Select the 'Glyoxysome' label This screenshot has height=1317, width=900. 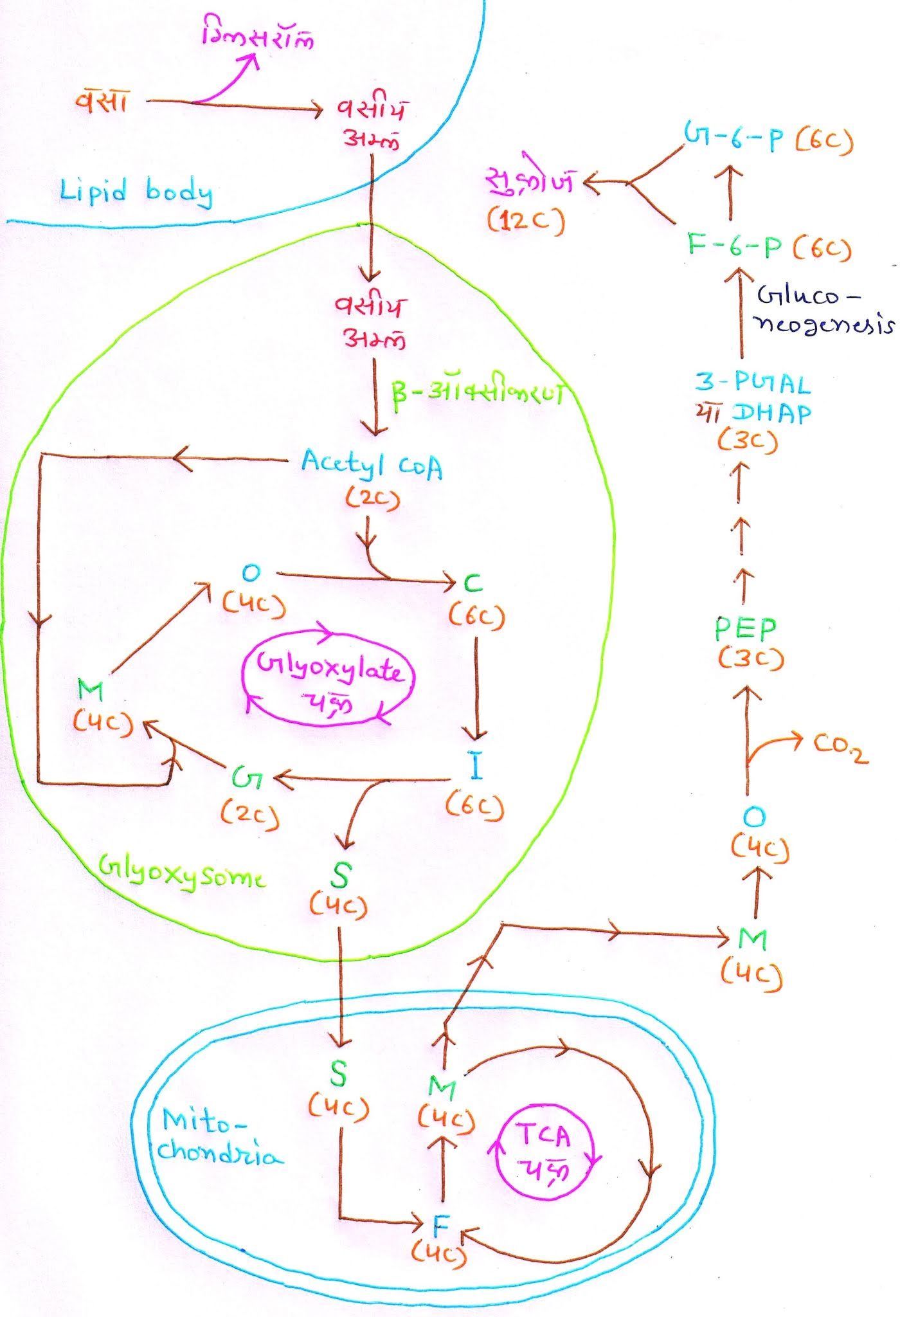pos(182,876)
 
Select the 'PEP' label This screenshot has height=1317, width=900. pos(746,628)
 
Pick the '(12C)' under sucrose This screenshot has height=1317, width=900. pos(525,221)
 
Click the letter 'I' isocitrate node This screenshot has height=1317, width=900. pos(476,767)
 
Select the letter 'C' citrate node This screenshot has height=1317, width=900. pos(473,583)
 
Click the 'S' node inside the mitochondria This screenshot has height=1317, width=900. pos(339,1073)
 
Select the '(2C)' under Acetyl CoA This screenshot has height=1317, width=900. pos(372,498)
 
